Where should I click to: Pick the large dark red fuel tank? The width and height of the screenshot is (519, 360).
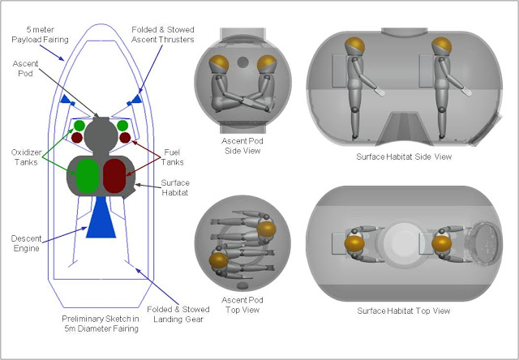point(114,177)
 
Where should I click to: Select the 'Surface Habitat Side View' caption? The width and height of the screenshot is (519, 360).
point(403,156)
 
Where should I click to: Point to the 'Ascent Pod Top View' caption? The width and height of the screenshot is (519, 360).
point(242,305)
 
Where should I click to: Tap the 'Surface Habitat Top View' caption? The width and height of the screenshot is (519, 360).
point(403,310)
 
